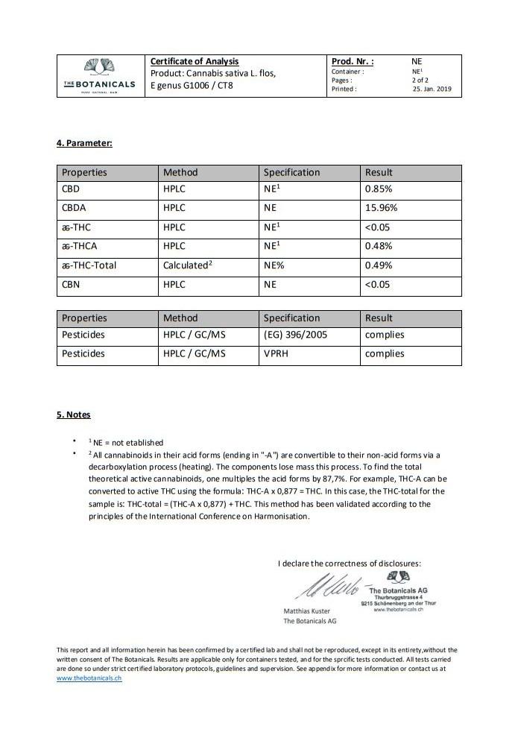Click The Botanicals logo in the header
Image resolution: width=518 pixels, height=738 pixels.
point(100,75)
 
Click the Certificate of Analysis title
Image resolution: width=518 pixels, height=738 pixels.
point(195,61)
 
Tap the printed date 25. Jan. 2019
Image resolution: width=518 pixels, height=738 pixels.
point(432,89)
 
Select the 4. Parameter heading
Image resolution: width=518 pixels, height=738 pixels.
point(84,142)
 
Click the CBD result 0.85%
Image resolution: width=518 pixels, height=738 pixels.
point(378,189)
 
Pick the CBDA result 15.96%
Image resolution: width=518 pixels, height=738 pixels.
point(381,208)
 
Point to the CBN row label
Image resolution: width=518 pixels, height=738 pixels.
point(72,284)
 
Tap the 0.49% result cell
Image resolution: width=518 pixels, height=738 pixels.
point(378,265)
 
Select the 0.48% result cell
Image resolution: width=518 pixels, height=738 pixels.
point(378,246)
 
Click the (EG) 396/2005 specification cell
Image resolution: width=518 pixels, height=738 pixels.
point(297,335)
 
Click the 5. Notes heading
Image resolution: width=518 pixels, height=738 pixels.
point(74,414)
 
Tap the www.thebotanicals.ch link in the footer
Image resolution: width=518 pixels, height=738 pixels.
point(89,678)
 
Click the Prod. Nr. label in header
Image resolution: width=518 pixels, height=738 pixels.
point(353,62)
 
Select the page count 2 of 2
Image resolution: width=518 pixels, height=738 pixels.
point(420,80)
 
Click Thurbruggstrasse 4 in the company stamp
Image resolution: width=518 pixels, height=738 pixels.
point(399,597)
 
